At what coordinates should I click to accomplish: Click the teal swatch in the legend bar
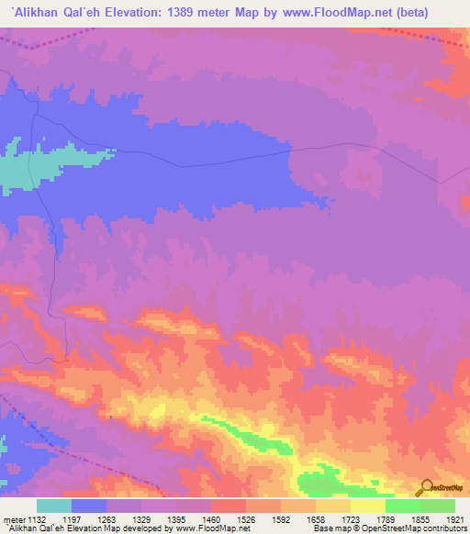point(54,506)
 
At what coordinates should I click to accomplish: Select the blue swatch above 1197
point(89,506)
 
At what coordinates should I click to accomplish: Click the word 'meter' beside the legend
point(11,519)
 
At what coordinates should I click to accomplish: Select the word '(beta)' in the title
point(407,12)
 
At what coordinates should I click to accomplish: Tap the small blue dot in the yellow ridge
point(111,417)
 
